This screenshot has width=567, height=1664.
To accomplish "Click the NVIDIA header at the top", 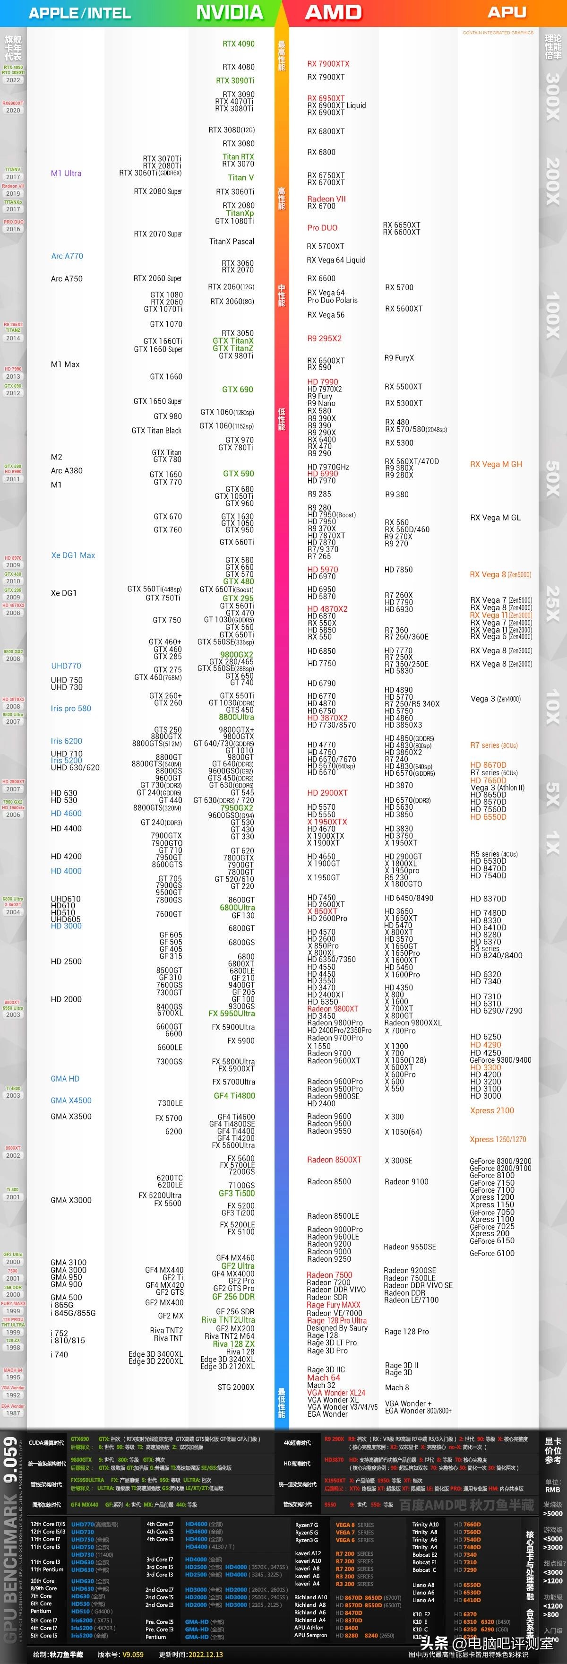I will click(x=229, y=12).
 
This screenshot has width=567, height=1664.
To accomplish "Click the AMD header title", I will click(x=333, y=12).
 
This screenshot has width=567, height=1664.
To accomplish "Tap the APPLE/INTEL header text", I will click(x=79, y=13).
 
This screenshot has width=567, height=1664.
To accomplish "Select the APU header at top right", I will click(x=507, y=12).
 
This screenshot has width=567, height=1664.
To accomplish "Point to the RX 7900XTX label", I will click(x=328, y=64).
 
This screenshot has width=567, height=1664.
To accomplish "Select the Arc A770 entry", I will click(x=67, y=256).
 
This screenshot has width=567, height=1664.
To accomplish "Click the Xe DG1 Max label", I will click(x=73, y=555).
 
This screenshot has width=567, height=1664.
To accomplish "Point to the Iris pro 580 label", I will click(x=71, y=709).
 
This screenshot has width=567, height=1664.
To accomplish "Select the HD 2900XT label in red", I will click(x=327, y=793).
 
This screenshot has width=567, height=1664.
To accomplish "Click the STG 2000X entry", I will click(x=236, y=1387).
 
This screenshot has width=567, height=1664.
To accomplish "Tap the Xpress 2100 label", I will click(x=492, y=1110).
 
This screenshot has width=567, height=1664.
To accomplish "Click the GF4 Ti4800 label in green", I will click(x=234, y=1096).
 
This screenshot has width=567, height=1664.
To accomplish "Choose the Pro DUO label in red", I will click(x=322, y=227).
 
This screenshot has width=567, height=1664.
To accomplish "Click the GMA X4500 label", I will click(x=71, y=1100).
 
